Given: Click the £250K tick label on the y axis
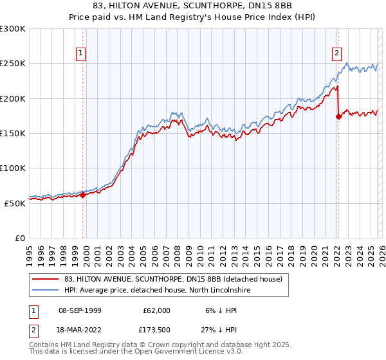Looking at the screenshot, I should (12, 64).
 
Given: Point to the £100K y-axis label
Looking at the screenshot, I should (12, 168).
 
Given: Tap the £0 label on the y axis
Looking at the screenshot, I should (19, 238).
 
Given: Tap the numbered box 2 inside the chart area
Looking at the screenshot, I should (337, 54).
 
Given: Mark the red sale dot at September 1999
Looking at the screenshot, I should (82, 195).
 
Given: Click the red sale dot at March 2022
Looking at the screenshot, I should (338, 116).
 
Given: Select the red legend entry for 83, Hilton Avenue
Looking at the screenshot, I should (173, 280).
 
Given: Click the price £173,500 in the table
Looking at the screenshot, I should (154, 331).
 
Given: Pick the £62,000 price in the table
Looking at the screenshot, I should (157, 310).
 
